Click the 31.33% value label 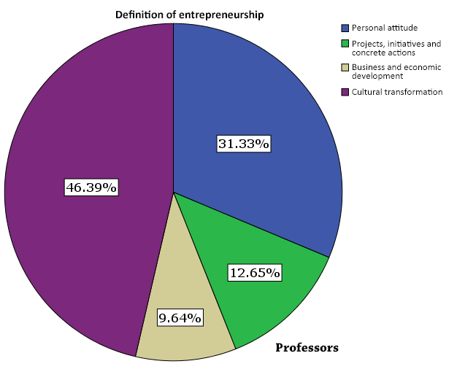pyautogui.click(x=244, y=144)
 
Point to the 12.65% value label pyautogui.click(x=255, y=273)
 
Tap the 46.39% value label pyautogui.click(x=91, y=187)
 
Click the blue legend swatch pyautogui.click(x=345, y=28)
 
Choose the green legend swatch pyautogui.click(x=345, y=44)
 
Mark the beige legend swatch pyautogui.click(x=345, y=68)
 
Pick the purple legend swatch pyautogui.click(x=345, y=92)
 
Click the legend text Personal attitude pyautogui.click(x=384, y=28)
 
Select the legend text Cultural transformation pyautogui.click(x=396, y=92)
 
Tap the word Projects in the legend pyautogui.click(x=366, y=44)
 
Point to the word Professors pyautogui.click(x=307, y=348)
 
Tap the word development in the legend pyautogui.click(x=372, y=76)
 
